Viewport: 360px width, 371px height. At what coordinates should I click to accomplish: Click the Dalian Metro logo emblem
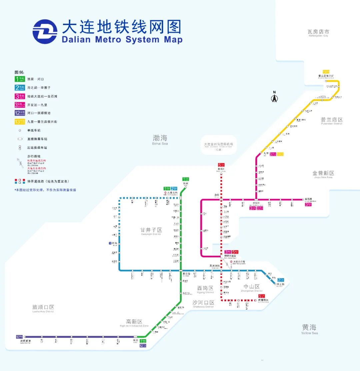[x=45, y=32]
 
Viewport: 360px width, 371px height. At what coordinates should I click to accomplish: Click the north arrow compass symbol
[x=274, y=97]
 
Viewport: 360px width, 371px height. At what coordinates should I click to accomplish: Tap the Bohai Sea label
[x=160, y=140]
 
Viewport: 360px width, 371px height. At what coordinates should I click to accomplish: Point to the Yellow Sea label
[x=309, y=329]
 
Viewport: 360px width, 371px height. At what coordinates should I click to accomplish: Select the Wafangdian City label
[x=318, y=33]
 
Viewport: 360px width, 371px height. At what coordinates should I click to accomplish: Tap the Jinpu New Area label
[x=323, y=174]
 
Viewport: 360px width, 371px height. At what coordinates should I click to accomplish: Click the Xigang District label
[x=205, y=289]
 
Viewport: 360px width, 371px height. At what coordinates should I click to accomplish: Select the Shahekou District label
[x=203, y=304]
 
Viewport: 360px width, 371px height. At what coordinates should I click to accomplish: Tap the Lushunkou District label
[x=43, y=308]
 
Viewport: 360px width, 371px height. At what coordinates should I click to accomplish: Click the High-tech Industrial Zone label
[x=134, y=323]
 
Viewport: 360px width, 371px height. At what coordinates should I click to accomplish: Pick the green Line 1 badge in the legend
[x=20, y=79]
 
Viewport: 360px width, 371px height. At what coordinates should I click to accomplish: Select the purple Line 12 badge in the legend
[x=20, y=113]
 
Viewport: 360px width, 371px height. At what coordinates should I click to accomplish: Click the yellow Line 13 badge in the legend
[x=20, y=122]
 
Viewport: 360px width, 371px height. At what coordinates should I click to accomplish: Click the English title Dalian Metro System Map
[x=122, y=40]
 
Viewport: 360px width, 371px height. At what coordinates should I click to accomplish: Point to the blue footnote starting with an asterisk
[x=45, y=190]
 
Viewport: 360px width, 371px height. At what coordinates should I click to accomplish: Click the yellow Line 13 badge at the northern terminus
[x=326, y=72]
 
